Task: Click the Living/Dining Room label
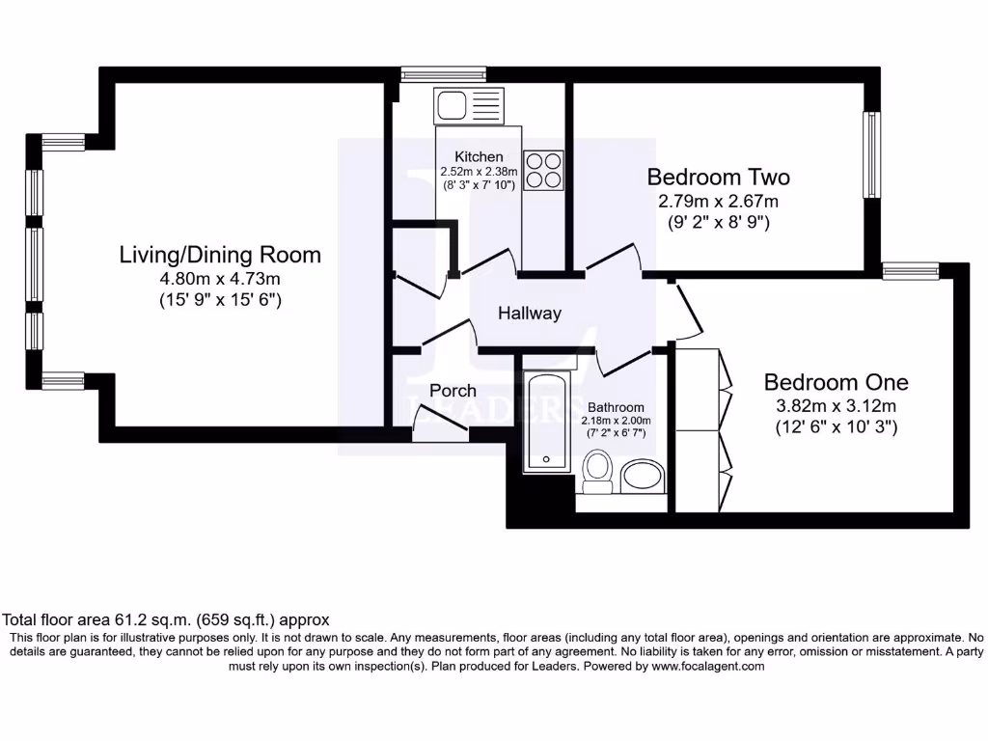click(x=220, y=256)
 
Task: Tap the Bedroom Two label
click(x=718, y=178)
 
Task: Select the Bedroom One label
click(x=836, y=382)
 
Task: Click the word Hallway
click(x=529, y=314)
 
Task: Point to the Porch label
click(x=453, y=391)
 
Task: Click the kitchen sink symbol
click(x=468, y=104)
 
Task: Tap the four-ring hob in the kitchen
click(x=543, y=170)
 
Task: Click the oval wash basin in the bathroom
click(x=642, y=475)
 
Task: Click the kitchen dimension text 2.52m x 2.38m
click(x=479, y=171)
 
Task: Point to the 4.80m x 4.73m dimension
click(x=220, y=279)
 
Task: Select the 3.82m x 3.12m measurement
click(x=836, y=405)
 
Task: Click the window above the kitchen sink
click(x=443, y=72)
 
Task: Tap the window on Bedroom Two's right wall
click(x=871, y=155)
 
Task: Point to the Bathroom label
click(x=616, y=407)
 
